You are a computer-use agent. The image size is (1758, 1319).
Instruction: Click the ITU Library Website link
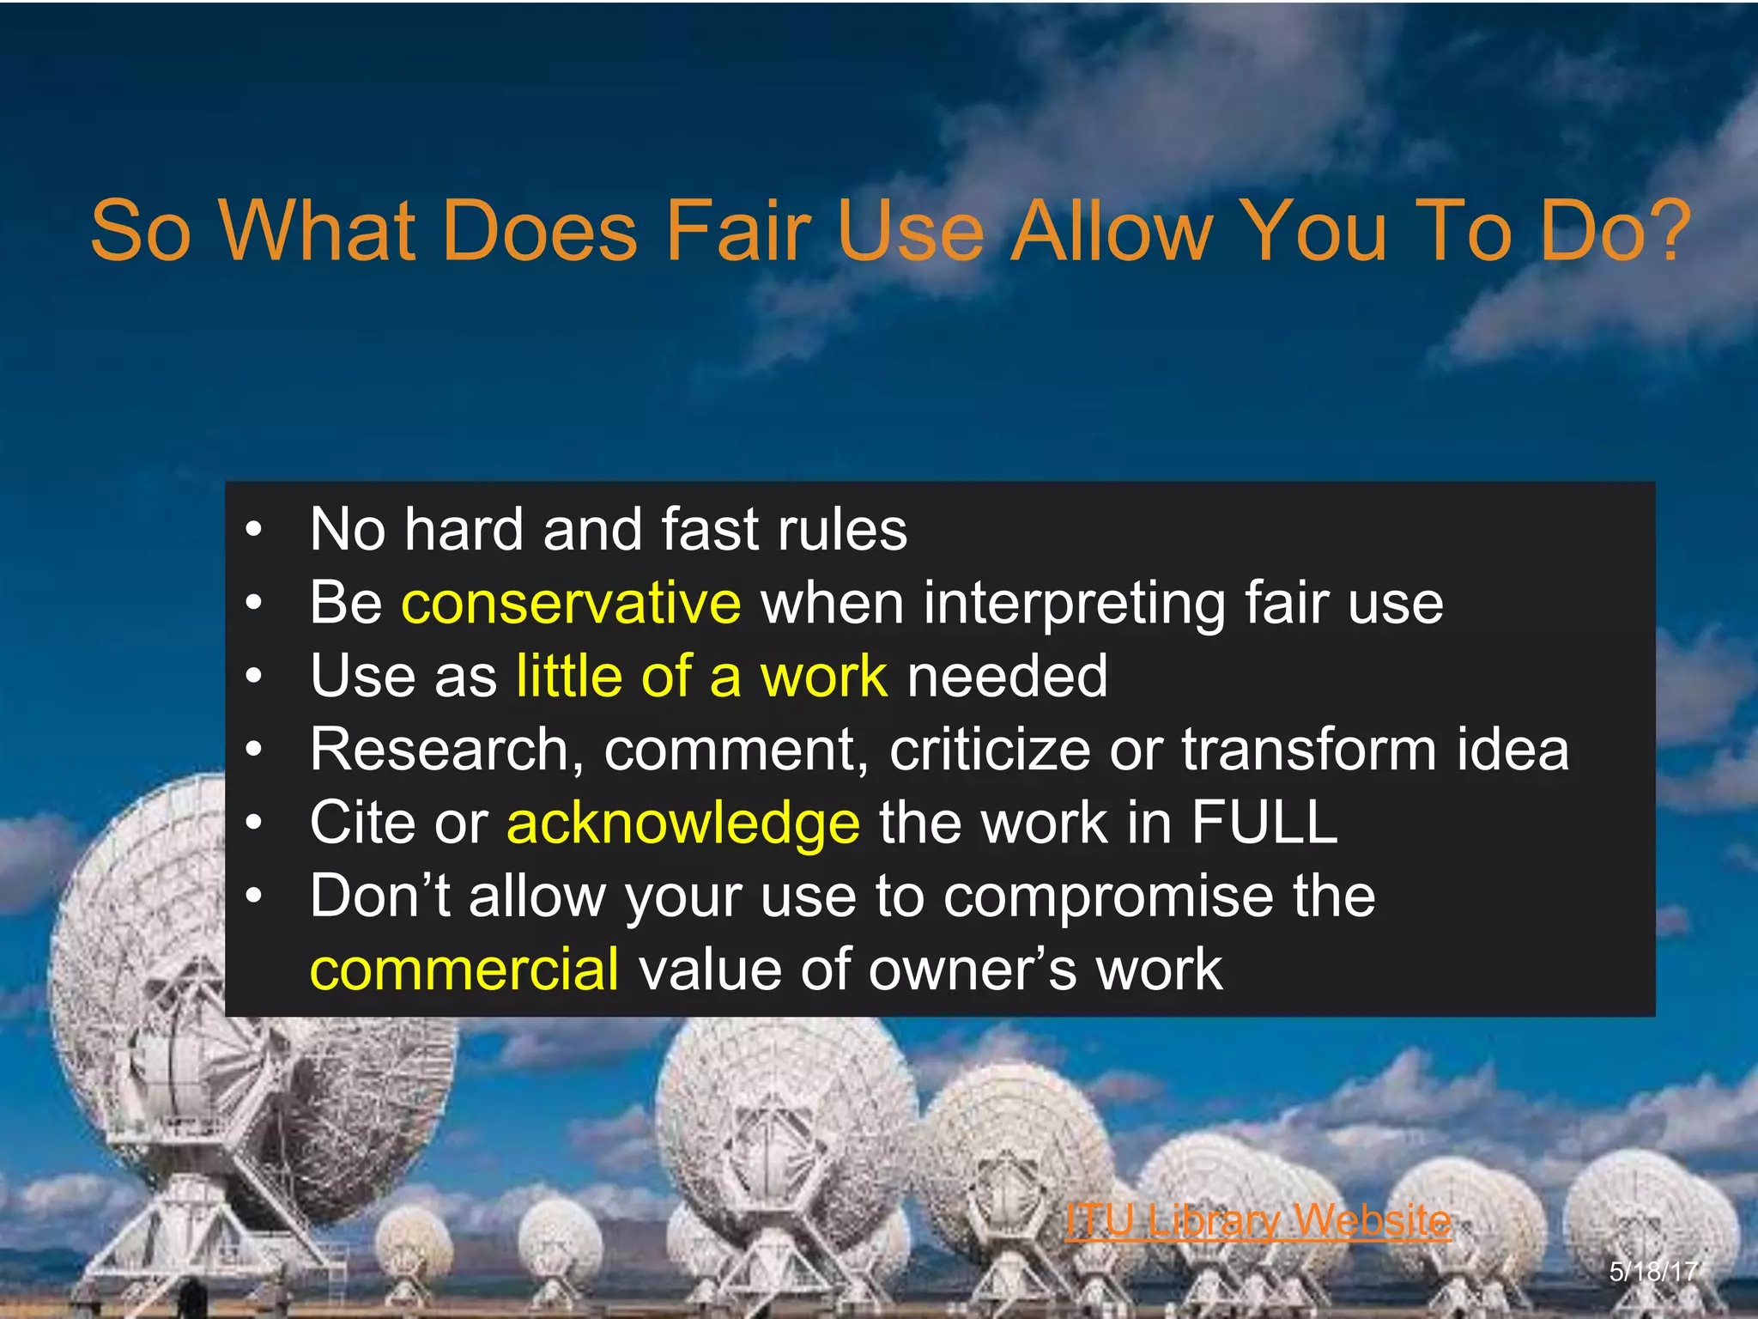click(1258, 1219)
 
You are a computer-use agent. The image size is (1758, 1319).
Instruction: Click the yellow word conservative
click(571, 603)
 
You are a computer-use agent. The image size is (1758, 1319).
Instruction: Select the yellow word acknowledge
click(682, 824)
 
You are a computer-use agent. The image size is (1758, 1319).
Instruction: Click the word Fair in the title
click(738, 232)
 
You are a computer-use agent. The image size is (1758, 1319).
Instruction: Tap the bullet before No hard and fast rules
click(252, 531)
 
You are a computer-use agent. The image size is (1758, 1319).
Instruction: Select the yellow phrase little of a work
click(701, 677)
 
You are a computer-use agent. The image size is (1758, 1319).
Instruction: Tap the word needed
click(1007, 677)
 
